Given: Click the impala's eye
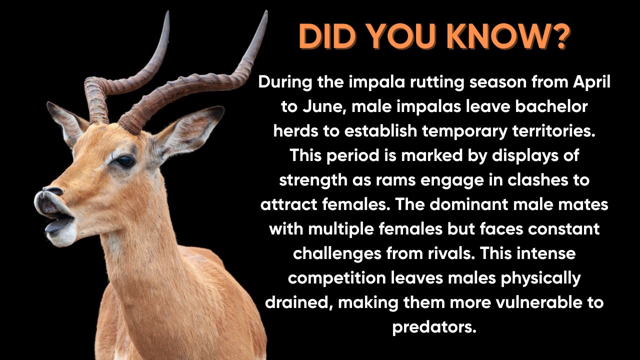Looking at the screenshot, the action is tap(125, 161).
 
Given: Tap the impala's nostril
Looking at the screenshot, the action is tap(53, 190).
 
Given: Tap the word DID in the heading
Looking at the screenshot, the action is tap(327, 36).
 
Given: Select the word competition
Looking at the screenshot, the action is tap(337, 279).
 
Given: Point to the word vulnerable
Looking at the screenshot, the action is tap(538, 302).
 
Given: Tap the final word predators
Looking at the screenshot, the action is tap(434, 327).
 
